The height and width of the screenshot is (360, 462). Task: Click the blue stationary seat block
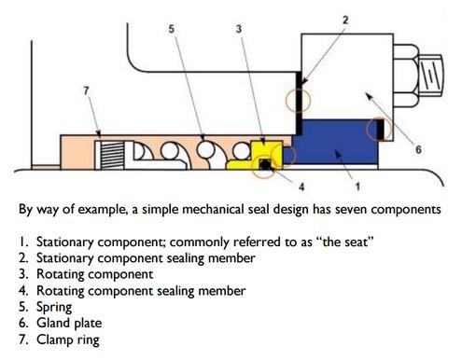[x=334, y=142]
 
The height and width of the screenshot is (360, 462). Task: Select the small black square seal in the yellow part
[x=265, y=164]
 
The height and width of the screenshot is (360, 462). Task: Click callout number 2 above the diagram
[x=345, y=20]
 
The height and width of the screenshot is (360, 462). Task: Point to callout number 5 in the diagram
[x=172, y=29]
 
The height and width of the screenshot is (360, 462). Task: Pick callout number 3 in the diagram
[x=239, y=29]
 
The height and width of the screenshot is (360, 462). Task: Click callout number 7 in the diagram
[x=86, y=90]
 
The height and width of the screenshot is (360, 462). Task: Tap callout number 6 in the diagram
[x=418, y=149]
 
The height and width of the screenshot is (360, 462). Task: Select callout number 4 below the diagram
[x=301, y=187]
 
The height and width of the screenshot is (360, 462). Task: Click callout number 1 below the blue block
[x=357, y=187]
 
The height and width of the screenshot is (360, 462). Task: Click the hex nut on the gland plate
[x=406, y=76]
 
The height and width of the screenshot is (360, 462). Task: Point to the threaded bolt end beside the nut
[x=431, y=76]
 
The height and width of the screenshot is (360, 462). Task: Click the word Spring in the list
[x=54, y=307]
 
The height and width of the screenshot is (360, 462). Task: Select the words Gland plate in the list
[x=69, y=323]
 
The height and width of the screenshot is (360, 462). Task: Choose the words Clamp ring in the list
[x=68, y=339]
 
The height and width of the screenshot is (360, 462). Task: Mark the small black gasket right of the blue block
[x=380, y=129]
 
